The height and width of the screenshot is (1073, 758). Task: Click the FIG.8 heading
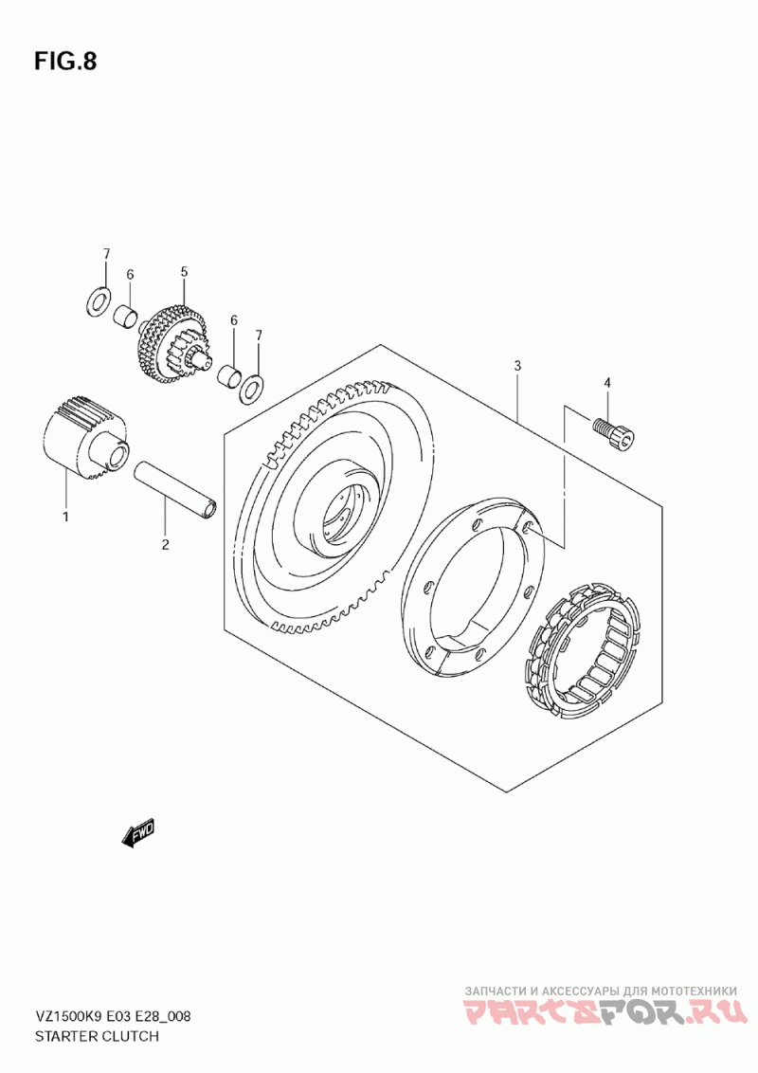(x=64, y=62)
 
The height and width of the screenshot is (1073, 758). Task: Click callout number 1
(x=65, y=518)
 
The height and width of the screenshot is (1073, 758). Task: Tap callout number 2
(x=165, y=544)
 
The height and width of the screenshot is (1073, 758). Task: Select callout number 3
(x=517, y=366)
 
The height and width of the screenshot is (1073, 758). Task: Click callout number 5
(x=184, y=272)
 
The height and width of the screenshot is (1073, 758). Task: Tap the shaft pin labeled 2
(x=178, y=489)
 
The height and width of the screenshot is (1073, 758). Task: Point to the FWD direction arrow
(x=137, y=833)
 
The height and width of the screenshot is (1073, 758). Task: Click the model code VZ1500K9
(x=71, y=1017)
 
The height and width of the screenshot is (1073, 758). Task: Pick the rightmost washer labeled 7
(x=253, y=387)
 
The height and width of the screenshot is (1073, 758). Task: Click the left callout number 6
(x=130, y=274)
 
